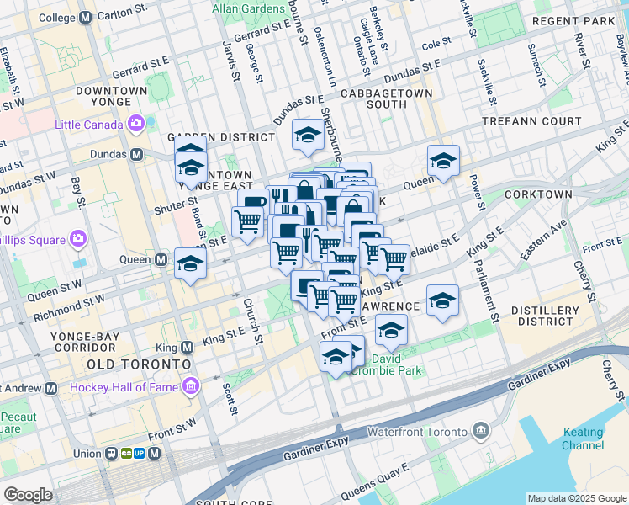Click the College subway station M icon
tap(84, 18)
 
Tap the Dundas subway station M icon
tap(135, 155)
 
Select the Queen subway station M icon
tap(160, 259)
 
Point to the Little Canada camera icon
tap(136, 125)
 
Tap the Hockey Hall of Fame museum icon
tap(193, 387)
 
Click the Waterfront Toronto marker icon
tap(481, 432)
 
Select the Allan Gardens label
tap(244, 7)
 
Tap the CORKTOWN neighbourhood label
tap(538, 194)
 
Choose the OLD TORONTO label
tap(139, 364)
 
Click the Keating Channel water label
tap(583, 438)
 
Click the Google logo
tap(28, 495)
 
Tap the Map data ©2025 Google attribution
tap(576, 498)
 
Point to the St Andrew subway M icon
tap(50, 389)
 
